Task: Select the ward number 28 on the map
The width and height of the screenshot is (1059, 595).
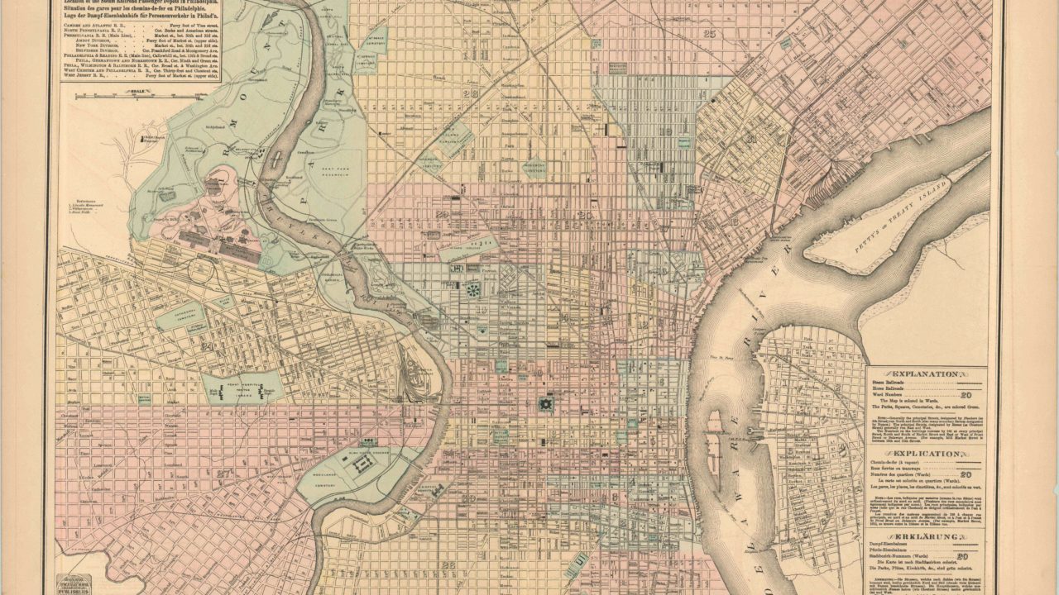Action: click(x=472, y=94)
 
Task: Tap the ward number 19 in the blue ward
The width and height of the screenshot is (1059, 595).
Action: click(x=665, y=131)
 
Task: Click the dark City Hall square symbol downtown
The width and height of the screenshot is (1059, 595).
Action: click(x=544, y=404)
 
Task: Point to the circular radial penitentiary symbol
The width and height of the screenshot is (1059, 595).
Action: click(x=473, y=291)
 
